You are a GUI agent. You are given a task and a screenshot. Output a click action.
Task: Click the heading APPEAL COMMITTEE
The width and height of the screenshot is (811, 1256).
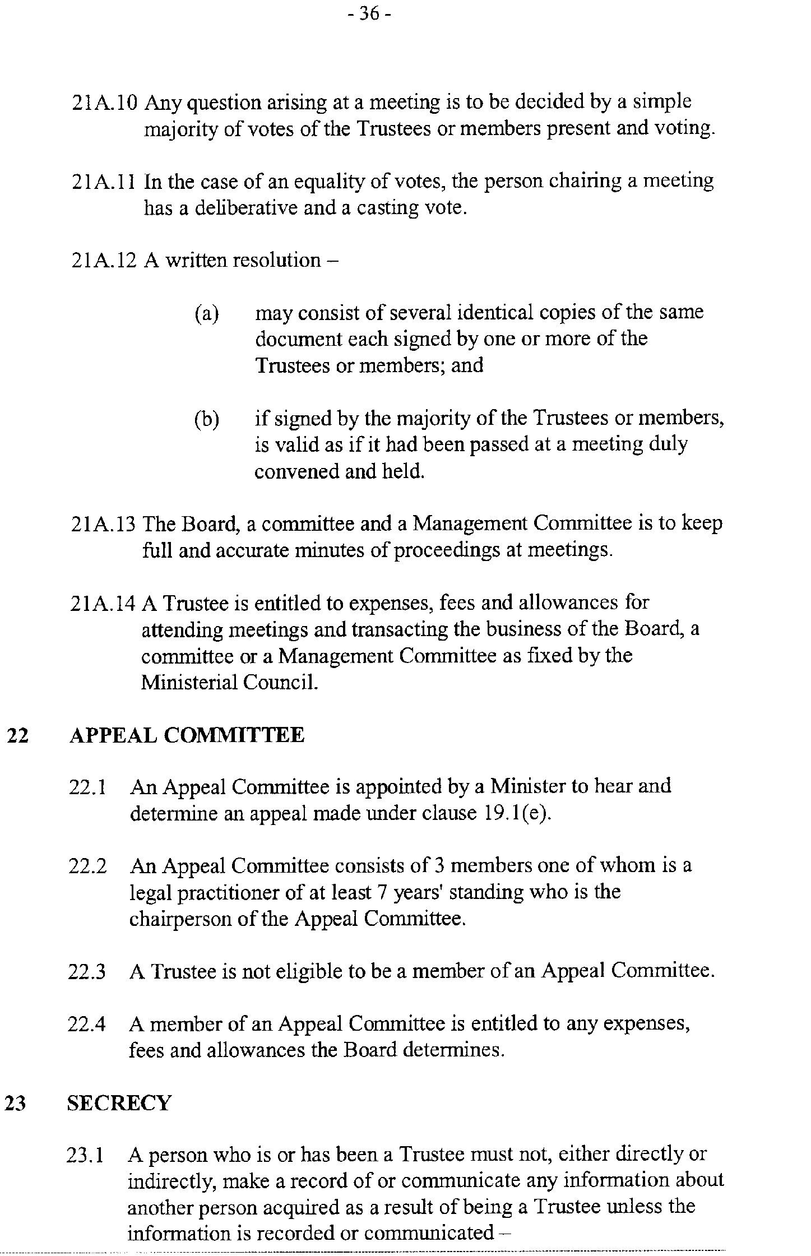(x=187, y=735)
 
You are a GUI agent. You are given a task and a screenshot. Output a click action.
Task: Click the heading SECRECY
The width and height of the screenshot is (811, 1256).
(x=119, y=1104)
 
